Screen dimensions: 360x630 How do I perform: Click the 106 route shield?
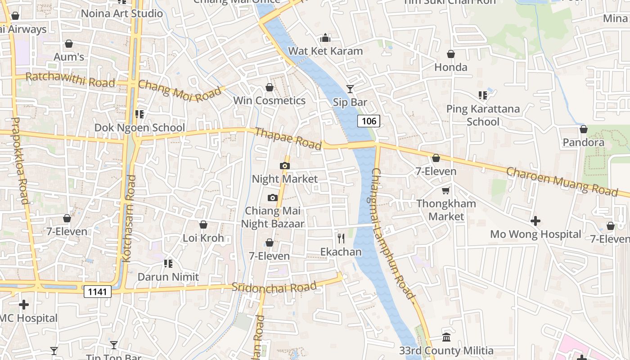pos(369,121)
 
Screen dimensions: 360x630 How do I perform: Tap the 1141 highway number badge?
pos(97,292)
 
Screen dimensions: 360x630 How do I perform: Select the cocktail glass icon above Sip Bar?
pos(350,89)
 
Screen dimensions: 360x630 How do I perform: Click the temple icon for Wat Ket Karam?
pos(325,37)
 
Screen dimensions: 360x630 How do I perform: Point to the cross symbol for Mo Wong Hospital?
pos(535,221)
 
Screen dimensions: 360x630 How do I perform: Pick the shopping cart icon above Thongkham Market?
pos(446,190)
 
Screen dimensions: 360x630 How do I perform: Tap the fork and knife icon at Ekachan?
pos(341,238)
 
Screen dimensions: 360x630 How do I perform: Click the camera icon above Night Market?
pos(284,166)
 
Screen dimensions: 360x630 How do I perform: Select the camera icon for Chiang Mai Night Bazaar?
pos(272,198)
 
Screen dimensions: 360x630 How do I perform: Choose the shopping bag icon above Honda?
pos(450,54)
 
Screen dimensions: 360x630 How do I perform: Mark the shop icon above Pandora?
pos(583,129)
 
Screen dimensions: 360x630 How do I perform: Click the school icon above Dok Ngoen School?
pos(139,114)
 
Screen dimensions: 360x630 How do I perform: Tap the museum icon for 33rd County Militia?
pos(446,337)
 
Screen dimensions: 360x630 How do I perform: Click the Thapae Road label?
pos(288,139)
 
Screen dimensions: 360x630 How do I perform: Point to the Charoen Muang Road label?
pos(562,181)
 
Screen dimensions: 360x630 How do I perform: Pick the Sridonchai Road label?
pos(274,287)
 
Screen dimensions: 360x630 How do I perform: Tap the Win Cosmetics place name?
pos(269,100)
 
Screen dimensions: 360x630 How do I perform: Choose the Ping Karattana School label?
pos(483,115)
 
